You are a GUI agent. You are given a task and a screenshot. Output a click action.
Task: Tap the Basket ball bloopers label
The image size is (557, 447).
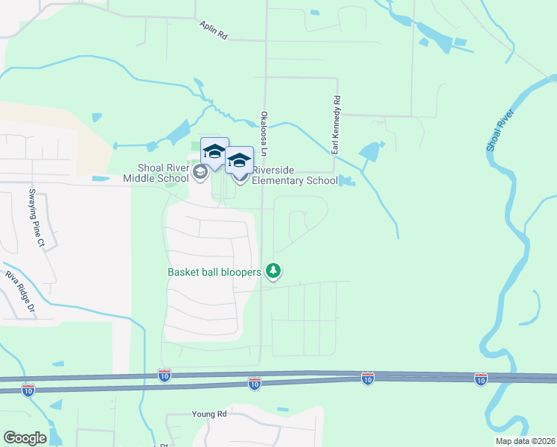(x=214, y=272)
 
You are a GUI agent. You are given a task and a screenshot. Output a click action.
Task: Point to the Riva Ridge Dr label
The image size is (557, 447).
(x=20, y=291)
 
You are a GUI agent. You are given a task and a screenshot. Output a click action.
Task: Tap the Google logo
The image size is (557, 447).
(x=25, y=438)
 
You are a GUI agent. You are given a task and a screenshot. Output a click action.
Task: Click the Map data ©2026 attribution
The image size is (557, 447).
(x=525, y=441)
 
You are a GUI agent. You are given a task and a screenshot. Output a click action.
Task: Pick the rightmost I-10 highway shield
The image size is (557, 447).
(x=481, y=379)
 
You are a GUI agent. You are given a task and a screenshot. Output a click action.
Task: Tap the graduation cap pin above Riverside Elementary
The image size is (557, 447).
(x=239, y=160)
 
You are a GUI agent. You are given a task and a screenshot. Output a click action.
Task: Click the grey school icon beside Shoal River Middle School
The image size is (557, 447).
(x=199, y=173)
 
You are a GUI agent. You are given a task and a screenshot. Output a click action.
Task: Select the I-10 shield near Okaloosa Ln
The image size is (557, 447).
(x=254, y=383)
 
